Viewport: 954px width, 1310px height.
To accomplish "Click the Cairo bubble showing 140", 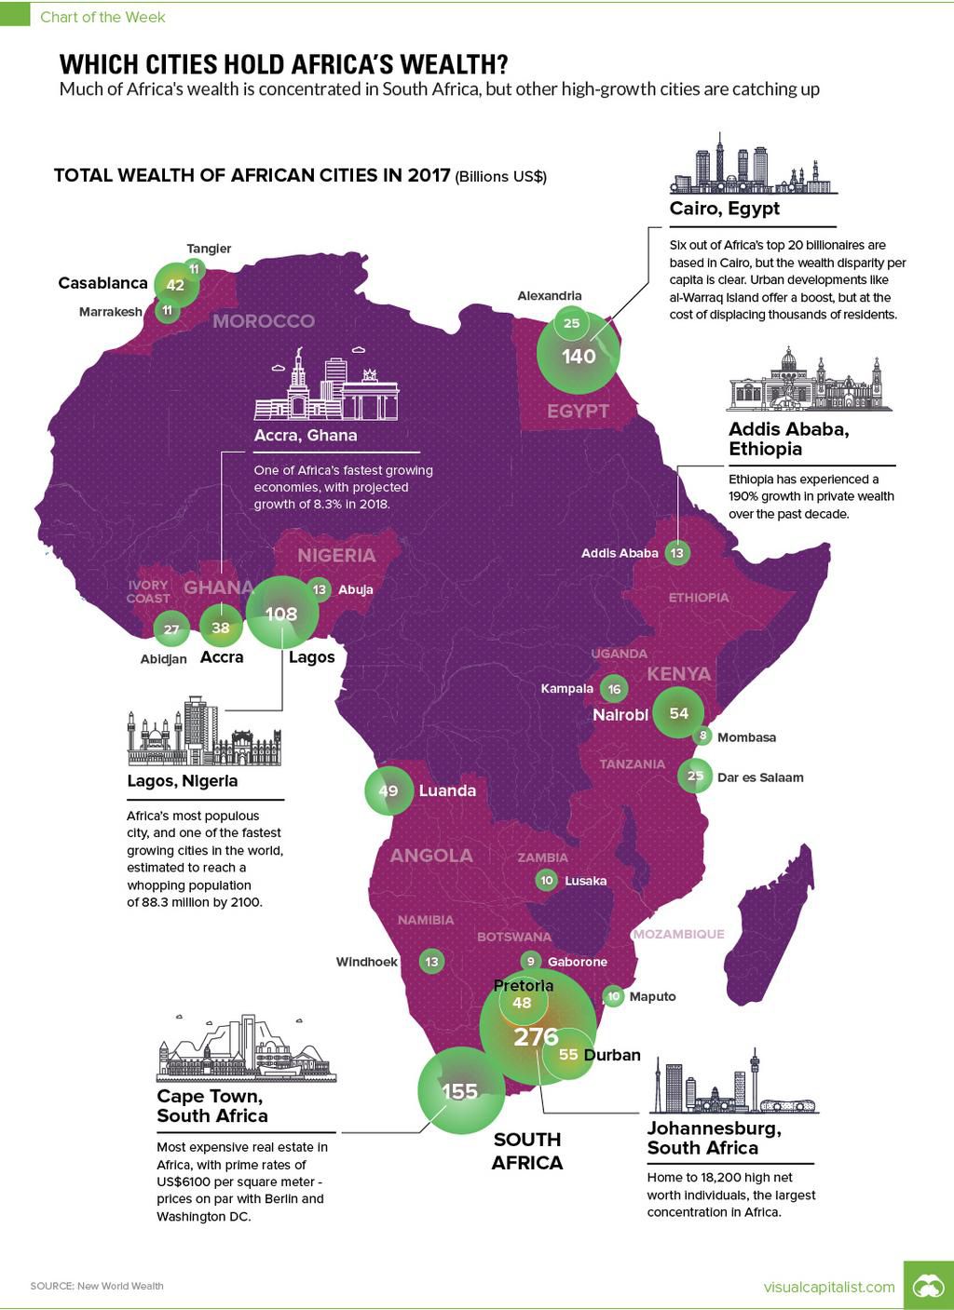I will (x=579, y=356).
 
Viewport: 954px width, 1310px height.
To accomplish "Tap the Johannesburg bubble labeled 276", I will (x=537, y=1036).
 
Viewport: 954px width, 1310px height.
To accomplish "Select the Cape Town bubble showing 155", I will (x=460, y=1090).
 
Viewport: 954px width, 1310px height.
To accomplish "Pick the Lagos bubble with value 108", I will (x=281, y=613).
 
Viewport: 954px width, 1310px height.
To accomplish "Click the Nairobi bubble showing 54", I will (x=678, y=713).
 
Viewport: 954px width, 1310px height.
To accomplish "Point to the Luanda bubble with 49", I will (x=388, y=790).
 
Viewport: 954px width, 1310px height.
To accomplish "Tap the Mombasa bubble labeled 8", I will (x=703, y=736).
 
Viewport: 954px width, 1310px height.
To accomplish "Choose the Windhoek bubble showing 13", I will (x=431, y=962).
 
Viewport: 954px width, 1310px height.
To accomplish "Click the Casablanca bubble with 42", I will (x=175, y=285).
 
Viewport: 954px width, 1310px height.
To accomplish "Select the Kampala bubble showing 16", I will (x=613, y=689).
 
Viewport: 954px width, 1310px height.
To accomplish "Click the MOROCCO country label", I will (x=264, y=321).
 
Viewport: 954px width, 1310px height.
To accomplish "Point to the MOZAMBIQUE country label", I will (x=677, y=934).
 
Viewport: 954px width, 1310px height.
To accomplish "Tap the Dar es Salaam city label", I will (x=760, y=777).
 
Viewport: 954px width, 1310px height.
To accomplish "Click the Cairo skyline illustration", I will (x=753, y=164).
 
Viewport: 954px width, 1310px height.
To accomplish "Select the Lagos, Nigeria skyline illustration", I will (x=204, y=732).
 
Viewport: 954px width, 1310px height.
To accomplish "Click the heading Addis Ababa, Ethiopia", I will (x=788, y=439).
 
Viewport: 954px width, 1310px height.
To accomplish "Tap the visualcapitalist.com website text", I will (x=829, y=1287).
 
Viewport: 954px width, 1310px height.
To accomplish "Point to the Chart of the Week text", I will (x=102, y=18).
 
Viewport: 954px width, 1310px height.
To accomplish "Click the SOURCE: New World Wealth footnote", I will (x=97, y=1286).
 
